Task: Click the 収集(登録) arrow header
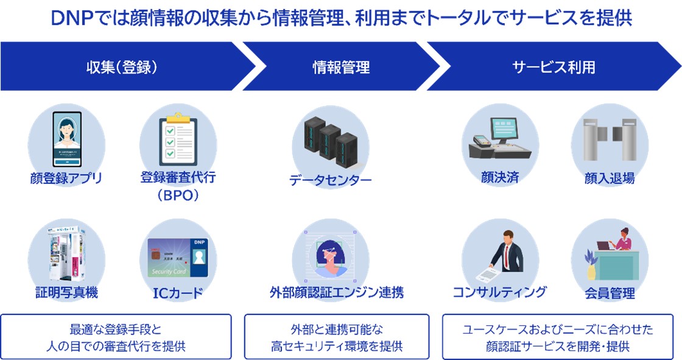tap(122, 66)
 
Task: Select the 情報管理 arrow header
tap(341, 66)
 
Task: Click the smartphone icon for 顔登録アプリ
tap(66, 139)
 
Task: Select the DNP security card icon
tap(178, 256)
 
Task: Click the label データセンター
tap(330, 180)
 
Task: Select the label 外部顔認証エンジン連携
tap(337, 292)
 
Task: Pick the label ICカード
tap(178, 294)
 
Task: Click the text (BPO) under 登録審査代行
tap(178, 197)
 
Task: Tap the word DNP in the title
tap(71, 18)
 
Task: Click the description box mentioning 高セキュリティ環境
tap(337, 337)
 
